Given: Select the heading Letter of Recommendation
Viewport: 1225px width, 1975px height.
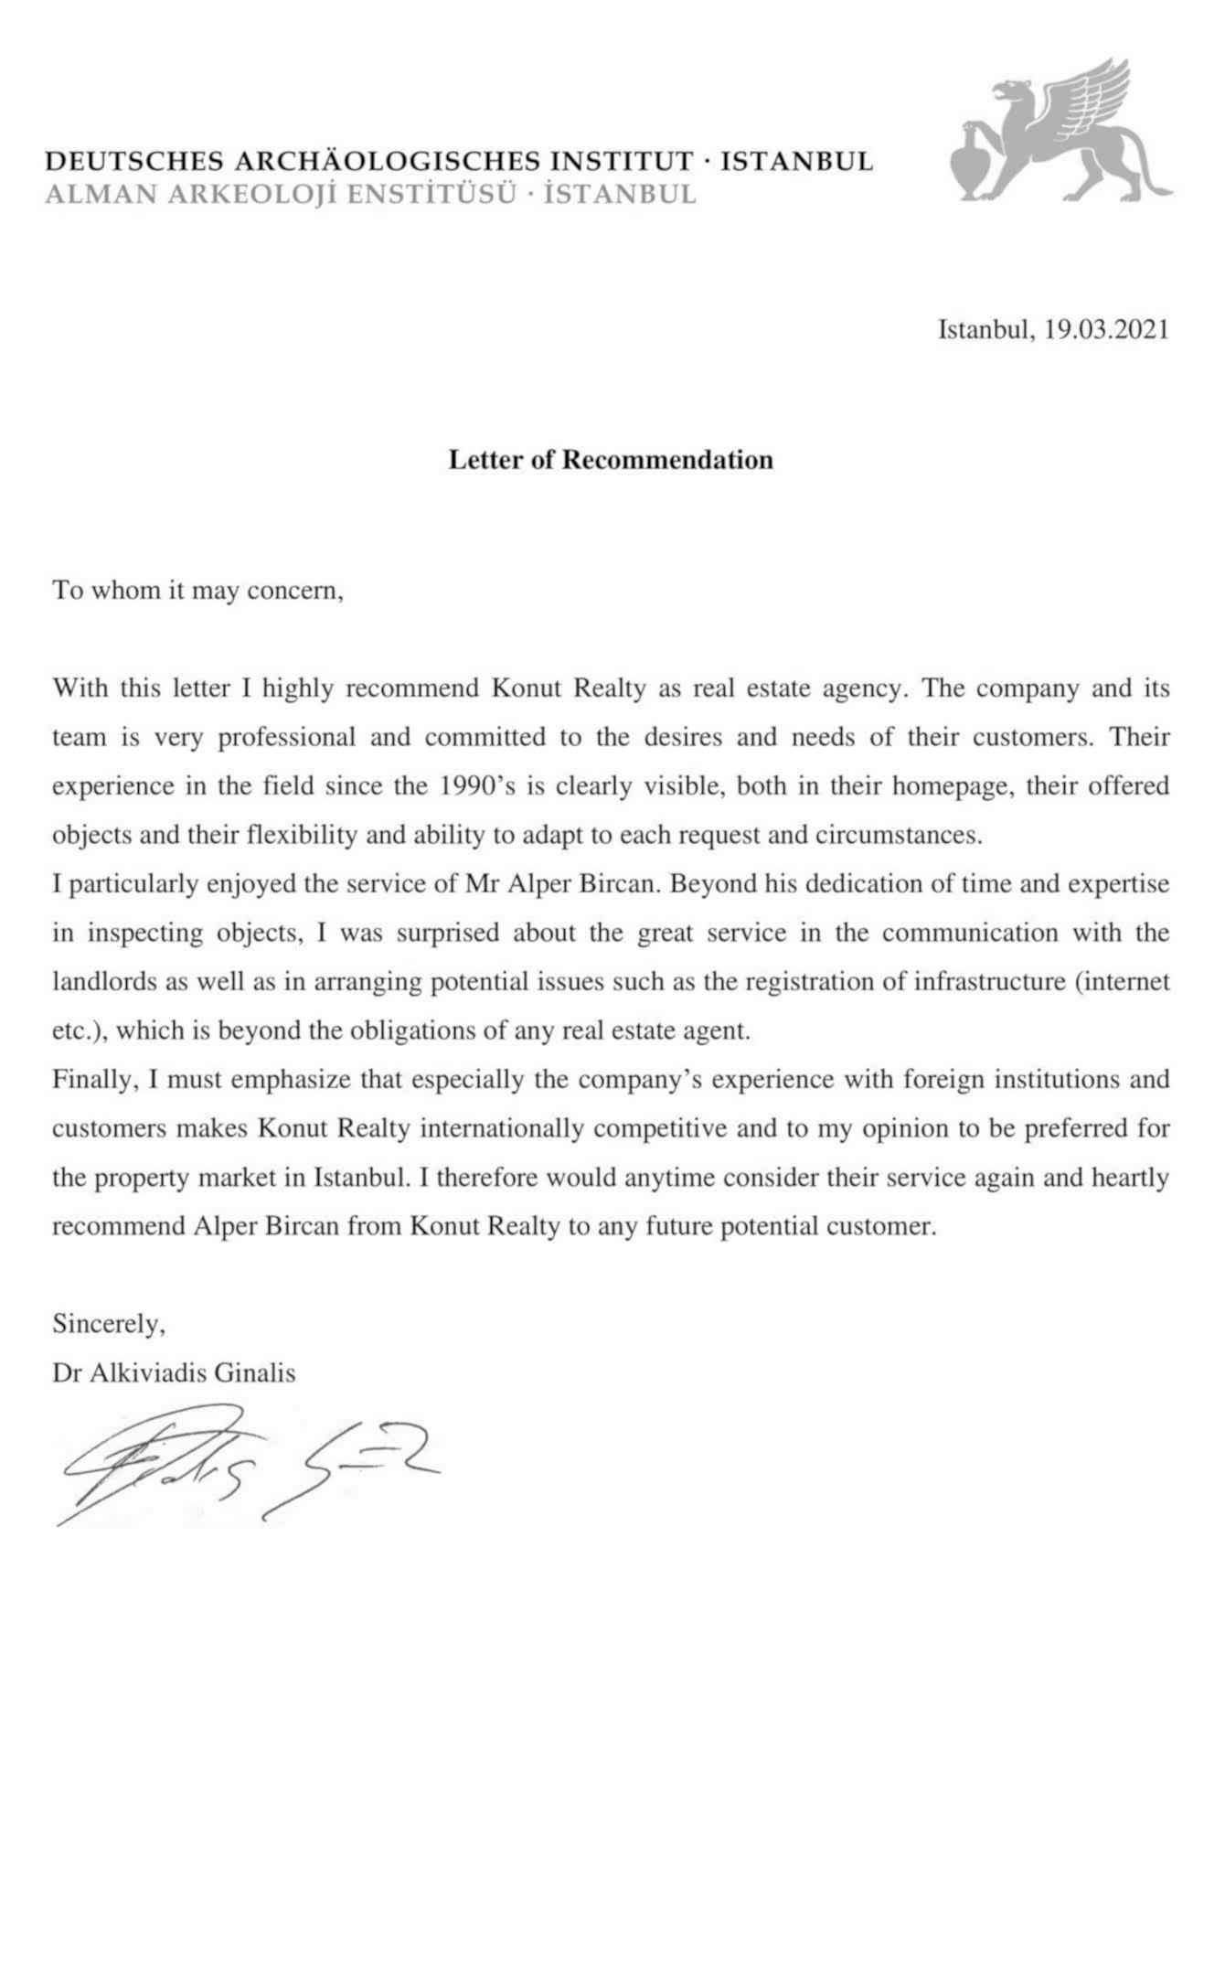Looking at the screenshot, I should point(611,459).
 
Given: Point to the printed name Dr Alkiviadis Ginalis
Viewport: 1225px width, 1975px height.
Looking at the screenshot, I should point(174,1372).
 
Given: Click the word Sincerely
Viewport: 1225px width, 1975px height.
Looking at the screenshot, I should point(108,1323).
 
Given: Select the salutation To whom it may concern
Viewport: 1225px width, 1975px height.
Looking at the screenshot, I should point(197,590).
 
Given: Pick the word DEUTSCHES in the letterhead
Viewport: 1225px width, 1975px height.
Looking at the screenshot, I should point(134,163).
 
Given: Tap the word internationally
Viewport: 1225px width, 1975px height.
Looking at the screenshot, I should point(501,1128).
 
